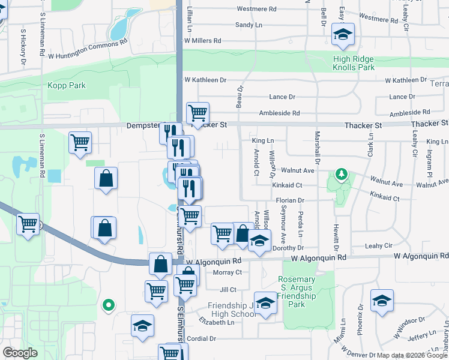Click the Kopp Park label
point(67,86)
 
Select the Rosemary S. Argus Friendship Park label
point(297,292)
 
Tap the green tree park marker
point(342,175)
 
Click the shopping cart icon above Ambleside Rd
point(197,112)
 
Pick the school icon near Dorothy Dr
point(259,241)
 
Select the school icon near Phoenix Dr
point(382,301)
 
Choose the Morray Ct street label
point(227,272)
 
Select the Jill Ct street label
point(228,289)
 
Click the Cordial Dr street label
point(200,338)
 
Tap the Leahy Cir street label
point(378,246)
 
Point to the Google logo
point(20,353)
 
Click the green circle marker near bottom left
point(108,305)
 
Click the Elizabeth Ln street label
point(217,322)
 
